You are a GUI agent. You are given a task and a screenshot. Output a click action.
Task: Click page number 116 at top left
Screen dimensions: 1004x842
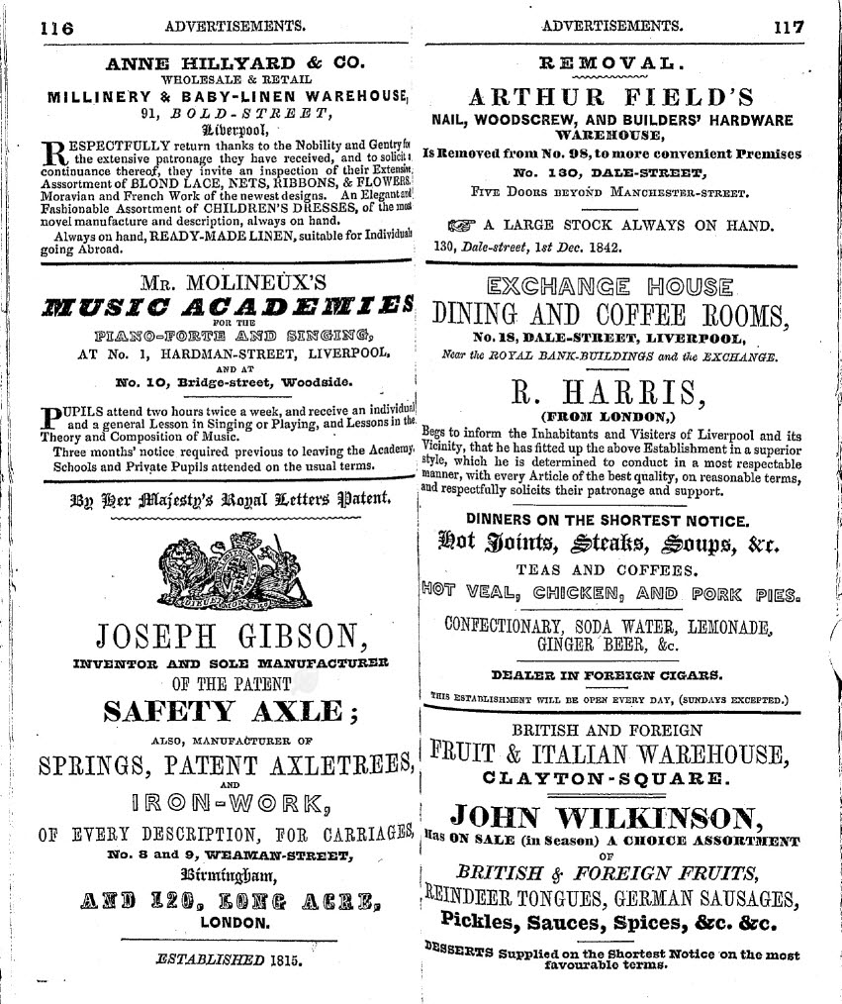[56, 28]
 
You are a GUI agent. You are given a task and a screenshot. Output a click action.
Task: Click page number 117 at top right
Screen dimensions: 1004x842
[790, 28]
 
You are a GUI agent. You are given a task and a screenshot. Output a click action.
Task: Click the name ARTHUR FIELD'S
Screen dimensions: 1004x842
[611, 97]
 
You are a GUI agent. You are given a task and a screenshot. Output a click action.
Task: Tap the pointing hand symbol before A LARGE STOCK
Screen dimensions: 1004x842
[461, 225]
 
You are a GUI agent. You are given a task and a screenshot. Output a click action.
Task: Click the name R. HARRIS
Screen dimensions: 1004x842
[608, 392]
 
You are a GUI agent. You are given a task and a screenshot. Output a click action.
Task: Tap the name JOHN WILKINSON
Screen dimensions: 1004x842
[607, 817]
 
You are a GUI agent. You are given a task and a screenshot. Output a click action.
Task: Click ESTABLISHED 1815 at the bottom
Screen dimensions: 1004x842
[229, 957]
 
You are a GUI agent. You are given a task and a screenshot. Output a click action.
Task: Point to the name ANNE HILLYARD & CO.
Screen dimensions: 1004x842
[235, 63]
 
